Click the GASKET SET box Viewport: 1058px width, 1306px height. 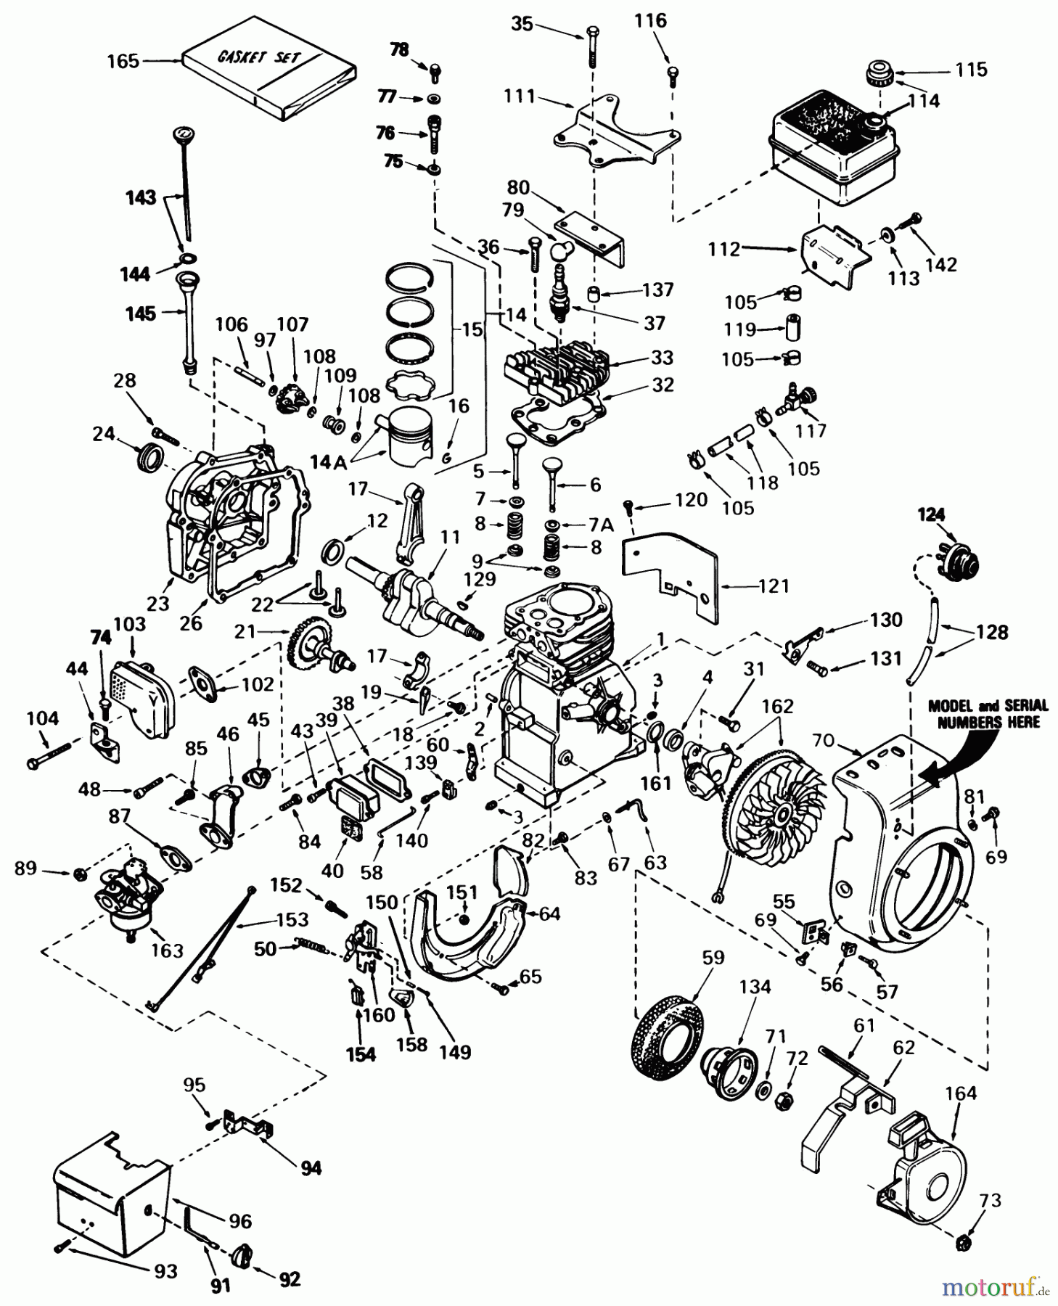click(268, 73)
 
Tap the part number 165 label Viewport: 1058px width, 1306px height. click(123, 61)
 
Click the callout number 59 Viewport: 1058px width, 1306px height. click(713, 957)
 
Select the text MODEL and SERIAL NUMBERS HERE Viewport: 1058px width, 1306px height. click(988, 713)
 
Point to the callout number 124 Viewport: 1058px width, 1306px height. click(931, 515)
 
